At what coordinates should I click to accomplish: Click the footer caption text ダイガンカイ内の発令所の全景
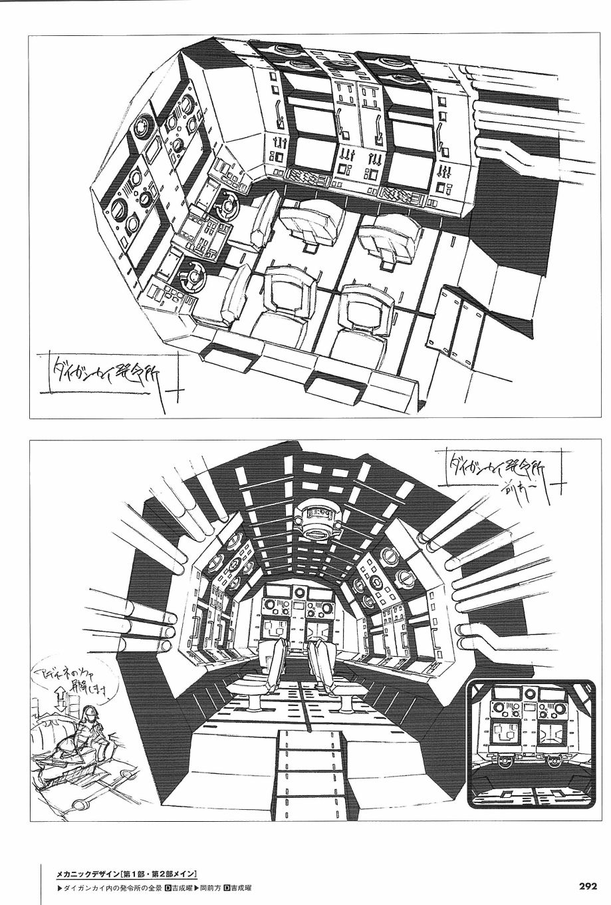point(112,887)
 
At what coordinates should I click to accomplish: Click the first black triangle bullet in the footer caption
point(54,887)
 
